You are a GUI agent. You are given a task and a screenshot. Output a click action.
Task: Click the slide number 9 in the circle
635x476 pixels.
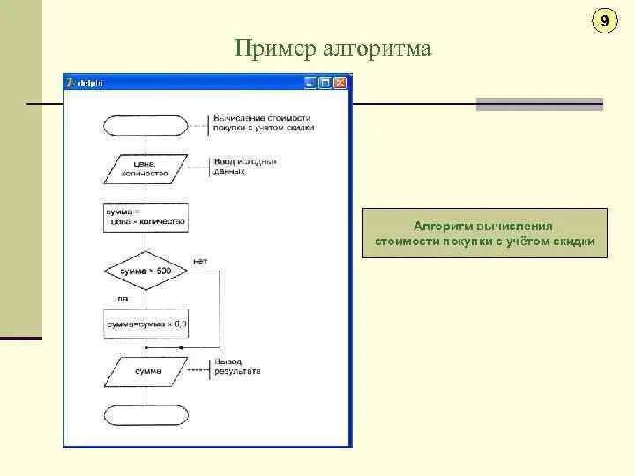[604, 21]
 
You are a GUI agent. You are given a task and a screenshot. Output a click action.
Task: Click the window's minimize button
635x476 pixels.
[310, 82]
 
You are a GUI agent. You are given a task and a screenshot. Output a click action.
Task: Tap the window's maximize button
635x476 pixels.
[325, 82]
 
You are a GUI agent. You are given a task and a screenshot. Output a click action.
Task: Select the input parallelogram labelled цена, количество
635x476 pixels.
[145, 168]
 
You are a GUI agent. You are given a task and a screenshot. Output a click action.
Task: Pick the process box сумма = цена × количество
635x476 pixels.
[145, 217]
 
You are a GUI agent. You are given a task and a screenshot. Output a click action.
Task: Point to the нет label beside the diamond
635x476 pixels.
[200, 262]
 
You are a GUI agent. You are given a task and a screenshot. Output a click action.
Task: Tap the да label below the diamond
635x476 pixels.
[111, 298]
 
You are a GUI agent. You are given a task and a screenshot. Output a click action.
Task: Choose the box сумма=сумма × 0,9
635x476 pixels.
[146, 324]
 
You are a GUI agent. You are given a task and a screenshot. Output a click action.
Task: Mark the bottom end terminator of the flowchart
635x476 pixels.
[146, 415]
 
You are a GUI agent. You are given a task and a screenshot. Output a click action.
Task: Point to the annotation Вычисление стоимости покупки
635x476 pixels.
[263, 122]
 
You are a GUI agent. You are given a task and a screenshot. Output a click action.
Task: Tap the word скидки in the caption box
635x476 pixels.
[575, 242]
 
